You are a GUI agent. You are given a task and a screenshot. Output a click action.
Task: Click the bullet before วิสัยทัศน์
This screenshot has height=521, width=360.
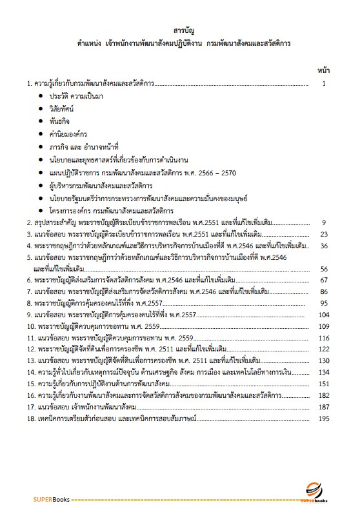[x=41, y=108]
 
